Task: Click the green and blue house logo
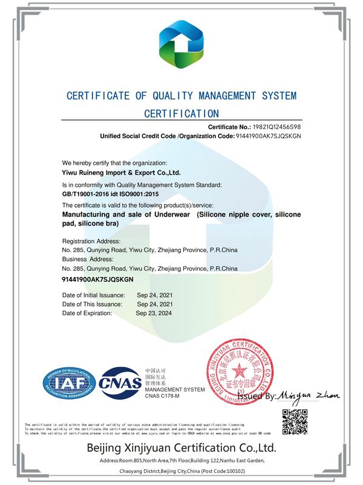coord(181,44)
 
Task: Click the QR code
coord(297,423)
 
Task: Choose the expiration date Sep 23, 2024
coord(154,313)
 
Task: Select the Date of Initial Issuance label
coord(93,295)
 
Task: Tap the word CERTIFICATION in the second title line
coord(181,113)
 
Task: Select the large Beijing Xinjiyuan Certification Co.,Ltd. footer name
coord(181,449)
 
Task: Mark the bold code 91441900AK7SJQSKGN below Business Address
coord(97,279)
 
